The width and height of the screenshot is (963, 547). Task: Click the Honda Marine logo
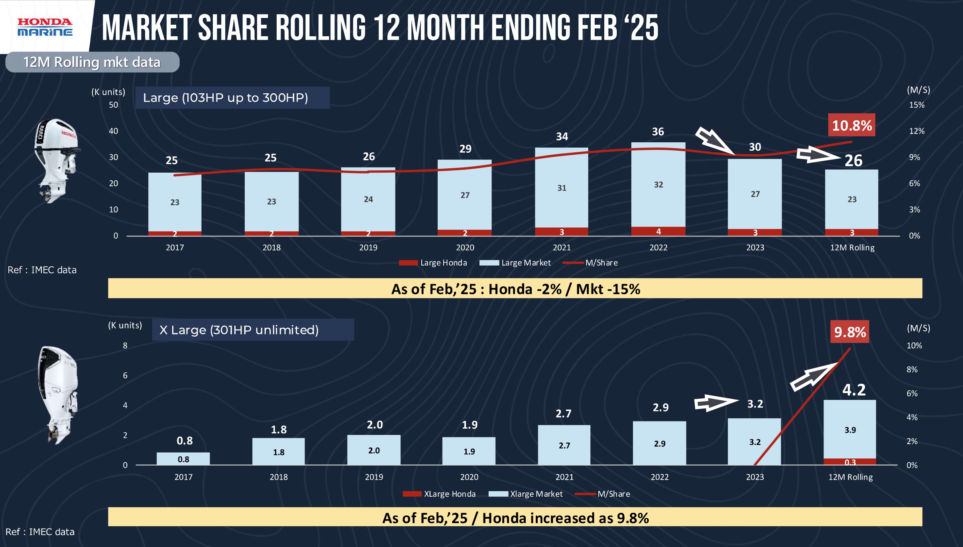[x=45, y=27]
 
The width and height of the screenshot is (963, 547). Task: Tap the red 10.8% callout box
[x=852, y=126]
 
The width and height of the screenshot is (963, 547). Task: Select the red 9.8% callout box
[x=850, y=332]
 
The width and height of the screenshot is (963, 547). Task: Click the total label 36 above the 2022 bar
[x=658, y=132]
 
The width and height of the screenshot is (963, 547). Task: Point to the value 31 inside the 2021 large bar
[x=562, y=188]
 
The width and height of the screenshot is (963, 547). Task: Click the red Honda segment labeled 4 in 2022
[x=658, y=231]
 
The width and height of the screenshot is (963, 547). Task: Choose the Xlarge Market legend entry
[x=526, y=494]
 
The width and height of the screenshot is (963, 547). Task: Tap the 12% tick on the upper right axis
[x=916, y=131]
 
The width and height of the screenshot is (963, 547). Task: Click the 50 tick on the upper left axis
[x=114, y=105]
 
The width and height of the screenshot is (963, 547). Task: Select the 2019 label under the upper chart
[x=368, y=248]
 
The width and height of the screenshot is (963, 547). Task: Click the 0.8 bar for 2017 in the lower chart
[x=183, y=459]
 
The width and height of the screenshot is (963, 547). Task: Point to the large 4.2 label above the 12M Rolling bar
[x=854, y=390]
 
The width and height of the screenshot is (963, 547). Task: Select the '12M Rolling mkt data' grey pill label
[x=92, y=62]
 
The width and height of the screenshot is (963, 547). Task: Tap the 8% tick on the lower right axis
[x=912, y=370]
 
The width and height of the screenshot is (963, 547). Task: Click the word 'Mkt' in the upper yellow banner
[x=590, y=289]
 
